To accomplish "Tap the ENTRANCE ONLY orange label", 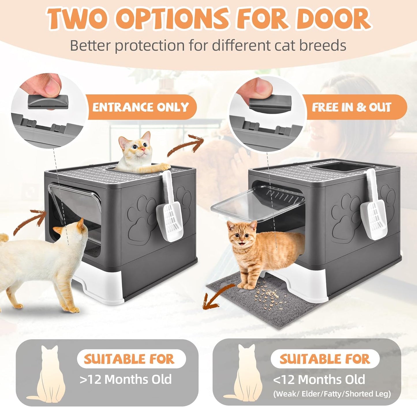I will click(x=141, y=107).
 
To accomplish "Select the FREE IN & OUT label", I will click(x=351, y=107).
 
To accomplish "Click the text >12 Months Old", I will click(x=126, y=379).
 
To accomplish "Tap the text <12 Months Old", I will click(x=319, y=379).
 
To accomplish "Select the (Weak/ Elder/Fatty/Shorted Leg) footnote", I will click(x=332, y=394).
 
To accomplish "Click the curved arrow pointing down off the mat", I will click(x=216, y=297).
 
